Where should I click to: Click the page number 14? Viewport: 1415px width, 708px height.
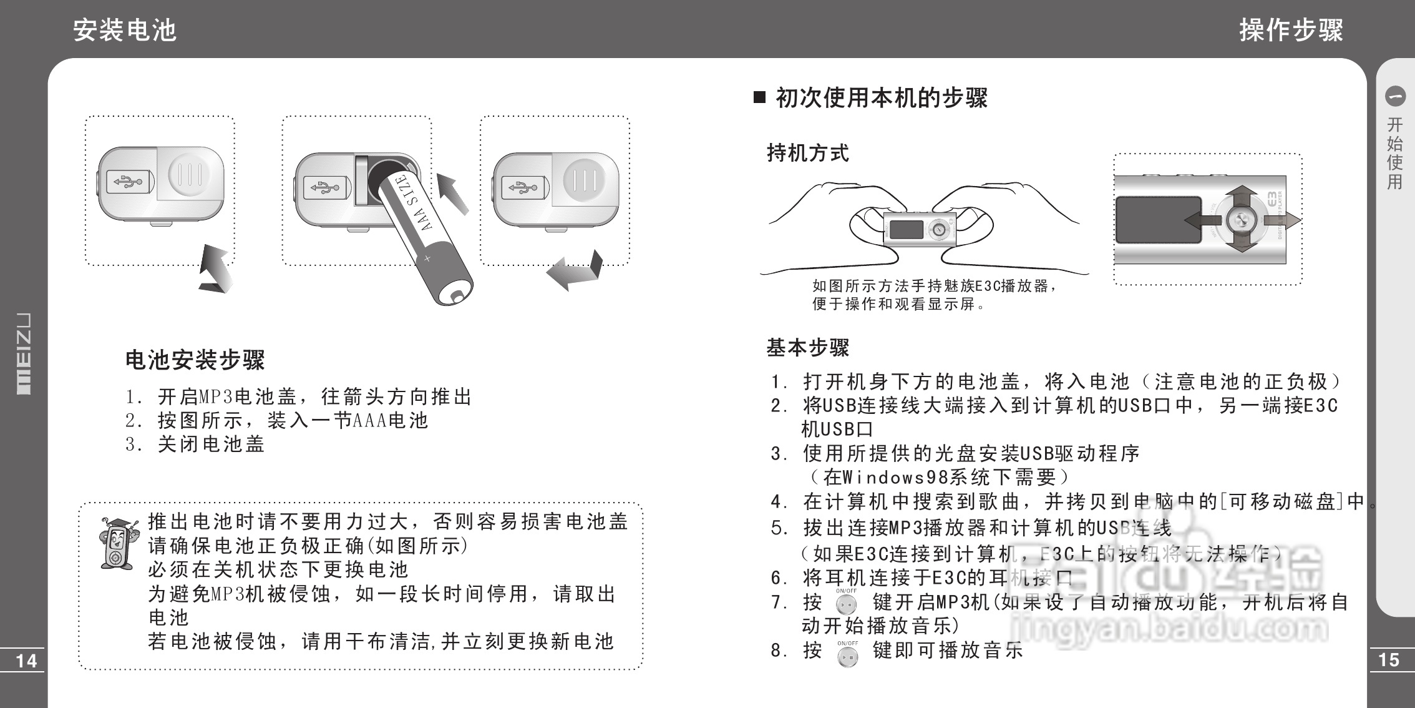[26, 661]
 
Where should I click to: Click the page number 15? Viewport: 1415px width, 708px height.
[1389, 660]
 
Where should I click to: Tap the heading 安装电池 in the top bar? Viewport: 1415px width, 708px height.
[125, 30]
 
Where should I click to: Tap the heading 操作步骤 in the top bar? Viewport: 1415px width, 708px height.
[1291, 30]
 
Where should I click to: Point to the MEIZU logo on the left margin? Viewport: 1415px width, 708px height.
[23, 353]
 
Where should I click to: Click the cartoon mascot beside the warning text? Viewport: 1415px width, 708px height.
[117, 543]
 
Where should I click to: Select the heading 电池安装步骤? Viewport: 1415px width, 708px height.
[195, 360]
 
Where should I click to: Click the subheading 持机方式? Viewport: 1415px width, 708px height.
[807, 153]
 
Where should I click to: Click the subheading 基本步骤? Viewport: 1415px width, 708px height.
[807, 348]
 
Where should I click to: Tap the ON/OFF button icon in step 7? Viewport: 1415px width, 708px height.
[847, 604]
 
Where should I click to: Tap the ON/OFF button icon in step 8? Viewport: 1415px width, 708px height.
[847, 656]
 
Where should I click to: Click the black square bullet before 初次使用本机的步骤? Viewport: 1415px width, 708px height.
[759, 97]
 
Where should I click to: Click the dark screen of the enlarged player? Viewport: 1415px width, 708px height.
[1158, 220]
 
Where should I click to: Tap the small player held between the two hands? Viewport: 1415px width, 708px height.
[919, 229]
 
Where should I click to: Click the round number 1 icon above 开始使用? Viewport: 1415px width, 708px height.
[1395, 96]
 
